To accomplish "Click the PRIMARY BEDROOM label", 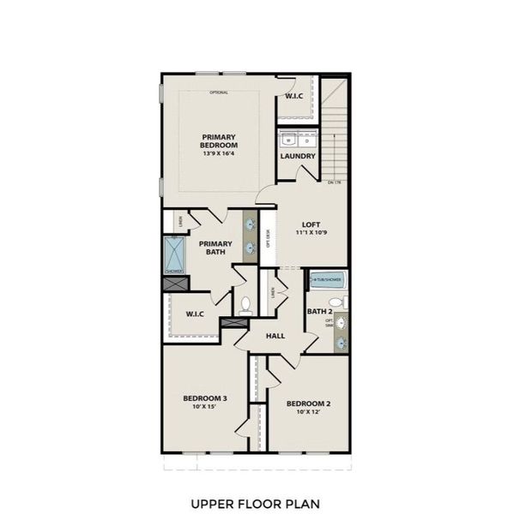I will point(220,141).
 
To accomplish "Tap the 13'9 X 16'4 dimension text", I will point(220,155).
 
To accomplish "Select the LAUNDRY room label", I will point(298,156).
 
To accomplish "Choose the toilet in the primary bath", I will point(245,304).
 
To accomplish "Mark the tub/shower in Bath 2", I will point(327,279).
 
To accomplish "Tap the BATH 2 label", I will point(318,312).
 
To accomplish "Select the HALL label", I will point(275,337).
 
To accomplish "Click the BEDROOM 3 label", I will point(204,397).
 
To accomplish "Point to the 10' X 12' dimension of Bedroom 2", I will point(308,413).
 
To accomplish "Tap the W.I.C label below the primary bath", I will point(195,314).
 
